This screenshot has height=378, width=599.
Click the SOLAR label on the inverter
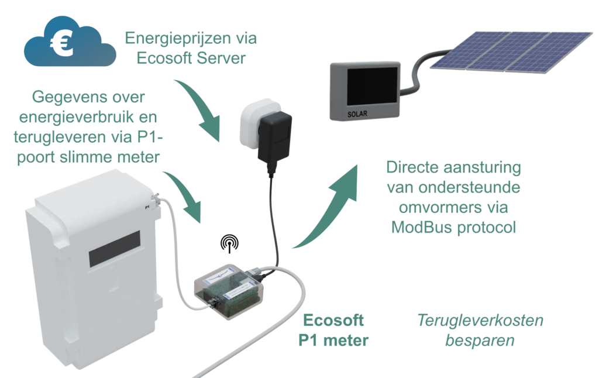pyautogui.click(x=357, y=114)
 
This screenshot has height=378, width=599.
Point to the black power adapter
pyautogui.click(x=274, y=138)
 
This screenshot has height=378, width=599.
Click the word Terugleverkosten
pyautogui.click(x=480, y=321)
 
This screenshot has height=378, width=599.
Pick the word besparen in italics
pyautogui.click(x=480, y=341)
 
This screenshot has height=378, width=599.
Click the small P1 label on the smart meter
pyautogui.click(x=146, y=206)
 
